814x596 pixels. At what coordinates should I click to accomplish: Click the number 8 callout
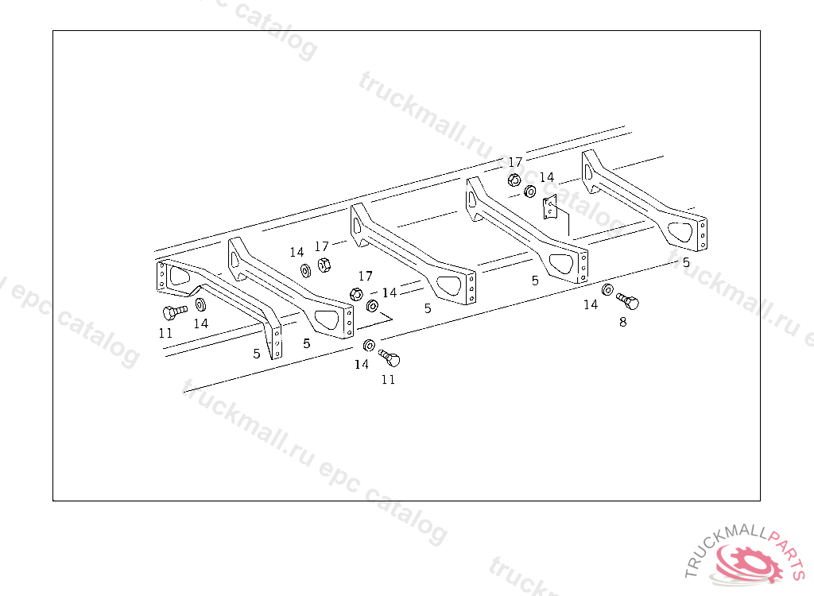click(622, 322)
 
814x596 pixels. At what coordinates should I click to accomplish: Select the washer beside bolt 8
click(608, 289)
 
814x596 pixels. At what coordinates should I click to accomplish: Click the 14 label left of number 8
click(591, 304)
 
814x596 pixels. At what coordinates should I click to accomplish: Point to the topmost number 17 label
click(515, 162)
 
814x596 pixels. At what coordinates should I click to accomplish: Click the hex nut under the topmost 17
click(514, 180)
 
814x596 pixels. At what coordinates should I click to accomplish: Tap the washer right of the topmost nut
click(530, 192)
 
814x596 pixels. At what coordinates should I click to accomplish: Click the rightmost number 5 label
click(686, 261)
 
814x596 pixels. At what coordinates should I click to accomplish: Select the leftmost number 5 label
click(257, 354)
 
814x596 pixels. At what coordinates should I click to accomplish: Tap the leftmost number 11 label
click(165, 333)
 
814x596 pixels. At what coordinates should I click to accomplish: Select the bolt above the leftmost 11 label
click(173, 312)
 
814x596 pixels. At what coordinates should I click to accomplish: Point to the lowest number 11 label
click(388, 379)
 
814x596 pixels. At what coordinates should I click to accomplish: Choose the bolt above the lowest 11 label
click(390, 358)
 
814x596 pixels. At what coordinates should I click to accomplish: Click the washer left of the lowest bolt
click(369, 346)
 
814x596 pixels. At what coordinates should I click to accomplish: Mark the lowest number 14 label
click(362, 364)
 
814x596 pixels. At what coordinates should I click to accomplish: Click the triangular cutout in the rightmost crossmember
click(681, 230)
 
